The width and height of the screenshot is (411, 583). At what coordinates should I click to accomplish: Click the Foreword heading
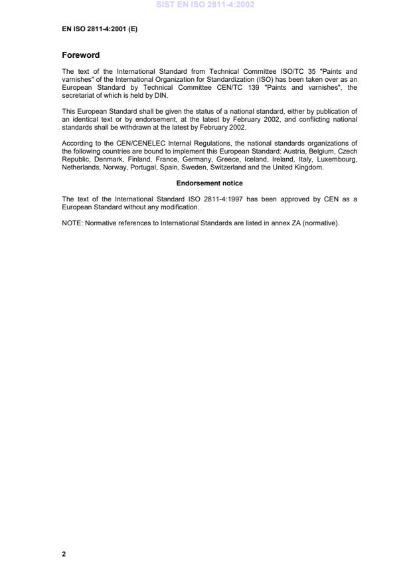[x=81, y=55]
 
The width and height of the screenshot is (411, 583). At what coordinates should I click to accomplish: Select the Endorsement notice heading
[x=209, y=183]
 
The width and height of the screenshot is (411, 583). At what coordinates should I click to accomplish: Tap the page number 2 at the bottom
[x=64, y=554]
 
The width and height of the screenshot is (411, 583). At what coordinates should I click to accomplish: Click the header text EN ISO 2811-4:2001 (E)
[x=100, y=29]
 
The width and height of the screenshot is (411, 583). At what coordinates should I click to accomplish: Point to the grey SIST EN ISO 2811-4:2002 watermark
[x=205, y=5]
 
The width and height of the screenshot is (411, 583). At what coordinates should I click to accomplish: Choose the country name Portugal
[x=144, y=168]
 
